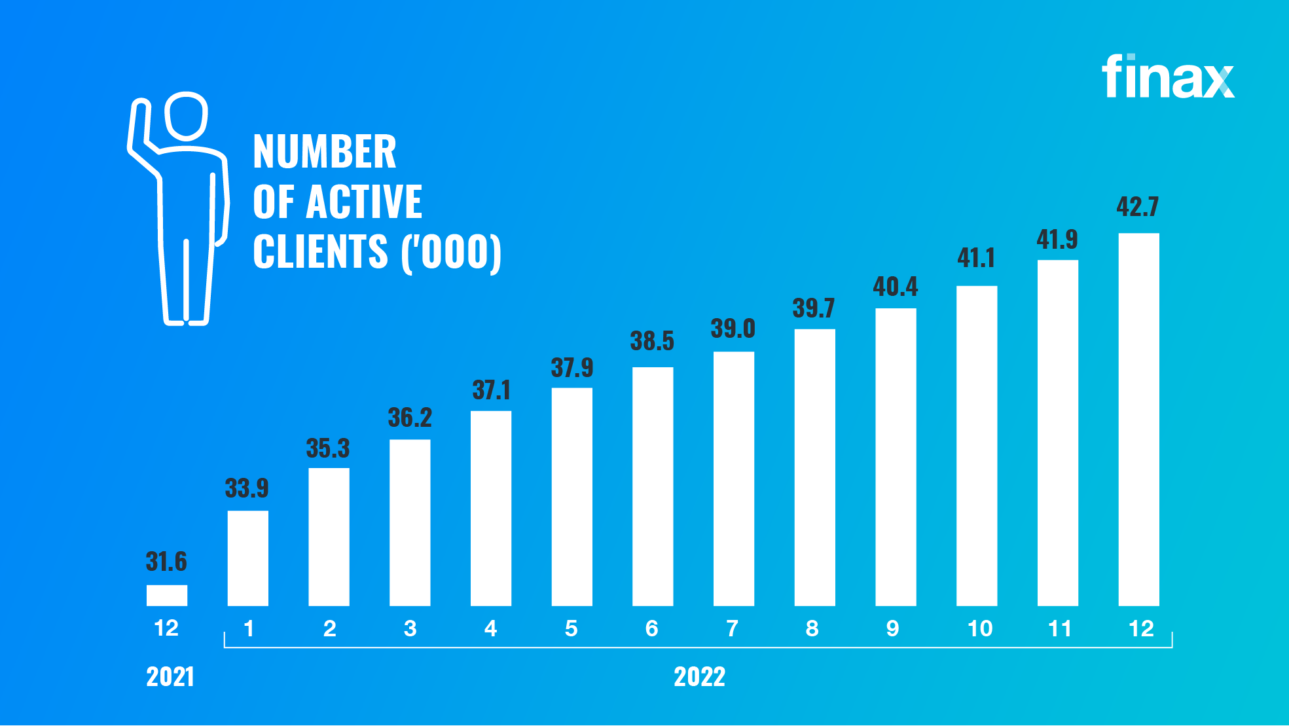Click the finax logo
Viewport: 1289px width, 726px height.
[1167, 77]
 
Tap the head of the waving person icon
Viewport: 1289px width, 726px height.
[187, 116]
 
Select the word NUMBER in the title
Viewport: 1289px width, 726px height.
[325, 152]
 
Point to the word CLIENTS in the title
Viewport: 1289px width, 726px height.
[321, 252]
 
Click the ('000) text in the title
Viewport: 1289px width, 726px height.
[452, 252]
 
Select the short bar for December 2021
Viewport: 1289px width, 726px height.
[167, 595]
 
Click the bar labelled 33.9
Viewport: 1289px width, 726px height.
[248, 558]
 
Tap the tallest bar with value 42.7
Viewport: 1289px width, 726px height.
[1138, 419]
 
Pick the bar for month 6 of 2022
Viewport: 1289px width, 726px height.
[653, 486]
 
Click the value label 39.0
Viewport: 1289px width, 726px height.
[733, 329]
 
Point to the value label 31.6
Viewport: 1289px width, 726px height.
[166, 562]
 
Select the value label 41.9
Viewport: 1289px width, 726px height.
[1057, 240]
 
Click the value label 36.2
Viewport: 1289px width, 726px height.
[410, 418]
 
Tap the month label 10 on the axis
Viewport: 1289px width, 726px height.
[980, 628]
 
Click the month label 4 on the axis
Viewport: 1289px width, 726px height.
[491, 628]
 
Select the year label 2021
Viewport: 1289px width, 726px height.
[170, 677]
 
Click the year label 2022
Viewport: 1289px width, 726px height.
[699, 677]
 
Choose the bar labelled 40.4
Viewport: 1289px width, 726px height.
[896, 457]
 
